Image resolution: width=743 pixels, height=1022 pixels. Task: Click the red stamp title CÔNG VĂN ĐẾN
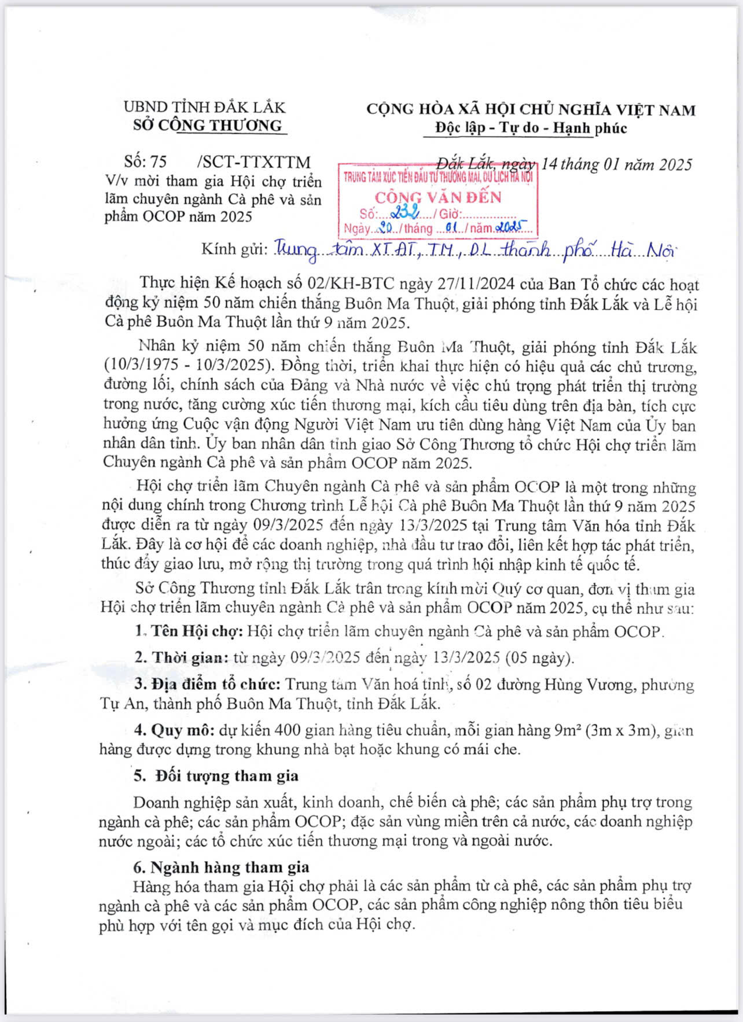[438, 197]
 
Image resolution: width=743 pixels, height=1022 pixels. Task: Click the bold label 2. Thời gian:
[182, 658]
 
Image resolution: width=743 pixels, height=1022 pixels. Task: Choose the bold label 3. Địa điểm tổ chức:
[207, 685]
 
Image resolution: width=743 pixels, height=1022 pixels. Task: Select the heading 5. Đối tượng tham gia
[216, 776]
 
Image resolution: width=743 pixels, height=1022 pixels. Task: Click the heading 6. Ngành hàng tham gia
[221, 867]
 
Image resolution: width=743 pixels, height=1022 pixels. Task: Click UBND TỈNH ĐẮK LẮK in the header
[204, 108]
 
